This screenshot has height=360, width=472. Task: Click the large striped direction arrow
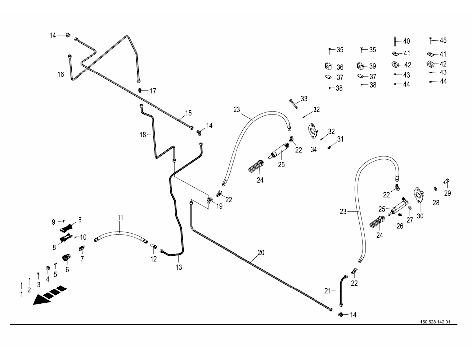[x=50, y=294]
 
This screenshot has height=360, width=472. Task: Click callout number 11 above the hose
[x=120, y=218]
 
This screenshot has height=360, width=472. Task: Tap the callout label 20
[x=261, y=252]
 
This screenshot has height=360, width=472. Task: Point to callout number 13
[x=179, y=267]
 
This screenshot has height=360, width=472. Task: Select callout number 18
[x=143, y=135]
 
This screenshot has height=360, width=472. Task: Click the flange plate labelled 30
[x=418, y=195]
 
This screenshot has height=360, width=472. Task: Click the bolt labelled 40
[x=394, y=42]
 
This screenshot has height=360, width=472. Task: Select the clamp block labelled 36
[x=328, y=66]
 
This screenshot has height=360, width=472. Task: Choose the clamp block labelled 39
[x=360, y=66]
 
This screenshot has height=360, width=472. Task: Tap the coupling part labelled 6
[x=65, y=257]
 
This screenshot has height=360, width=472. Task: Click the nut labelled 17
[x=140, y=90]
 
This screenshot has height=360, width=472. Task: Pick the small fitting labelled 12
[x=154, y=246]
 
